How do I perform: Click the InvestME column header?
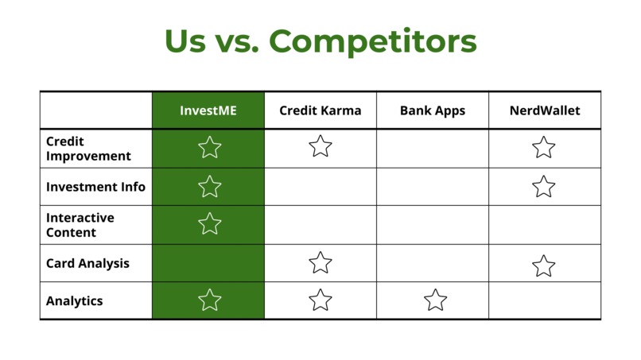pos(208,110)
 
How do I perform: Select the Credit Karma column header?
pos(320,110)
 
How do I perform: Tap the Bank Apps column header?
pos(432,110)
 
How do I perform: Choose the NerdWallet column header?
pos(544,110)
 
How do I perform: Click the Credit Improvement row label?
pos(88,149)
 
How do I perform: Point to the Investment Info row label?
pos(95,187)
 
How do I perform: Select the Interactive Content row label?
pos(80,225)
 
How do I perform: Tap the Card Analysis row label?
pos(87,263)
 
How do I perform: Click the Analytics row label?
pos(74,301)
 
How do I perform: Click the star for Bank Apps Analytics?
pos(435,300)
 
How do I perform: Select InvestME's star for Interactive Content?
pos(209,224)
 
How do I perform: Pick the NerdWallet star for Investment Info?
pos(544,187)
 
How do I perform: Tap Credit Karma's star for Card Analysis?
pos(320,262)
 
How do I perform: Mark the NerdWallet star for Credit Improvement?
pos(544,147)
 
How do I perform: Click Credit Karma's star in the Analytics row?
pos(320,300)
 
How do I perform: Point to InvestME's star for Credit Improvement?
pos(209,147)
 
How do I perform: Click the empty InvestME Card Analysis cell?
pos(208,263)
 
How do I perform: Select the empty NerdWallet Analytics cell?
pos(544,301)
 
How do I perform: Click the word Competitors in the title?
pos(373,41)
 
